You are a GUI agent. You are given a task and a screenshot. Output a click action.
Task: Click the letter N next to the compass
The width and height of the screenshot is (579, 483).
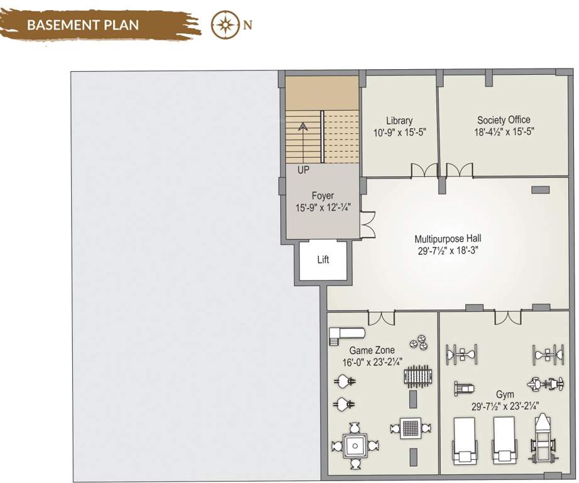coord(248,25)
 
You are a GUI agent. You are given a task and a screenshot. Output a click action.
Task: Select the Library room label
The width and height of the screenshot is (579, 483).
coord(399,121)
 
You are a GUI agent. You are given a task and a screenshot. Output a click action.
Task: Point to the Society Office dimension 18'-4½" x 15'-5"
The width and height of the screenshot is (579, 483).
coord(504,132)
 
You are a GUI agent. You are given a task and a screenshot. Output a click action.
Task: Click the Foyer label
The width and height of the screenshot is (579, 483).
coord(323,196)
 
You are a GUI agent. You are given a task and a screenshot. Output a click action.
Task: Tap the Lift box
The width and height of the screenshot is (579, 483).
coord(323,260)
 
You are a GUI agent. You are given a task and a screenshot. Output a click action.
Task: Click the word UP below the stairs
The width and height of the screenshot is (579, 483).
coord(303,170)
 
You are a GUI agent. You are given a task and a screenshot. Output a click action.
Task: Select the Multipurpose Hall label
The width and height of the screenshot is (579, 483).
coord(448,239)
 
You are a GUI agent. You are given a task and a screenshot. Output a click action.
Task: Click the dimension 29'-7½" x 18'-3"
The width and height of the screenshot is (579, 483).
coord(448,250)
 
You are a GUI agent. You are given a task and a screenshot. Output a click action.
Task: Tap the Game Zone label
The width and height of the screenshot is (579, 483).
coord(372,350)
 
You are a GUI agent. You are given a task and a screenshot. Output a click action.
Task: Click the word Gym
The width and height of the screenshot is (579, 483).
coord(505,394)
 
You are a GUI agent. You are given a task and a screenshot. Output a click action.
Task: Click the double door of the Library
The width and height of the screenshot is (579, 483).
coord(424,170)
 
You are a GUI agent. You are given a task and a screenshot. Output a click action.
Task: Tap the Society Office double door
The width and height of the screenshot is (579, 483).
coord(459,170)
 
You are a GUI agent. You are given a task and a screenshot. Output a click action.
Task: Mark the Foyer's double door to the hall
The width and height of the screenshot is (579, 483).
coord(367,225)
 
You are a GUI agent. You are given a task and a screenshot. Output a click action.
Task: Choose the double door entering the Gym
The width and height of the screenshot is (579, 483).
coord(507,318)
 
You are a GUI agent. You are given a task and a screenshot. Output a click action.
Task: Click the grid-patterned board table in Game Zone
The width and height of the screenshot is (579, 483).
coord(411,428)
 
